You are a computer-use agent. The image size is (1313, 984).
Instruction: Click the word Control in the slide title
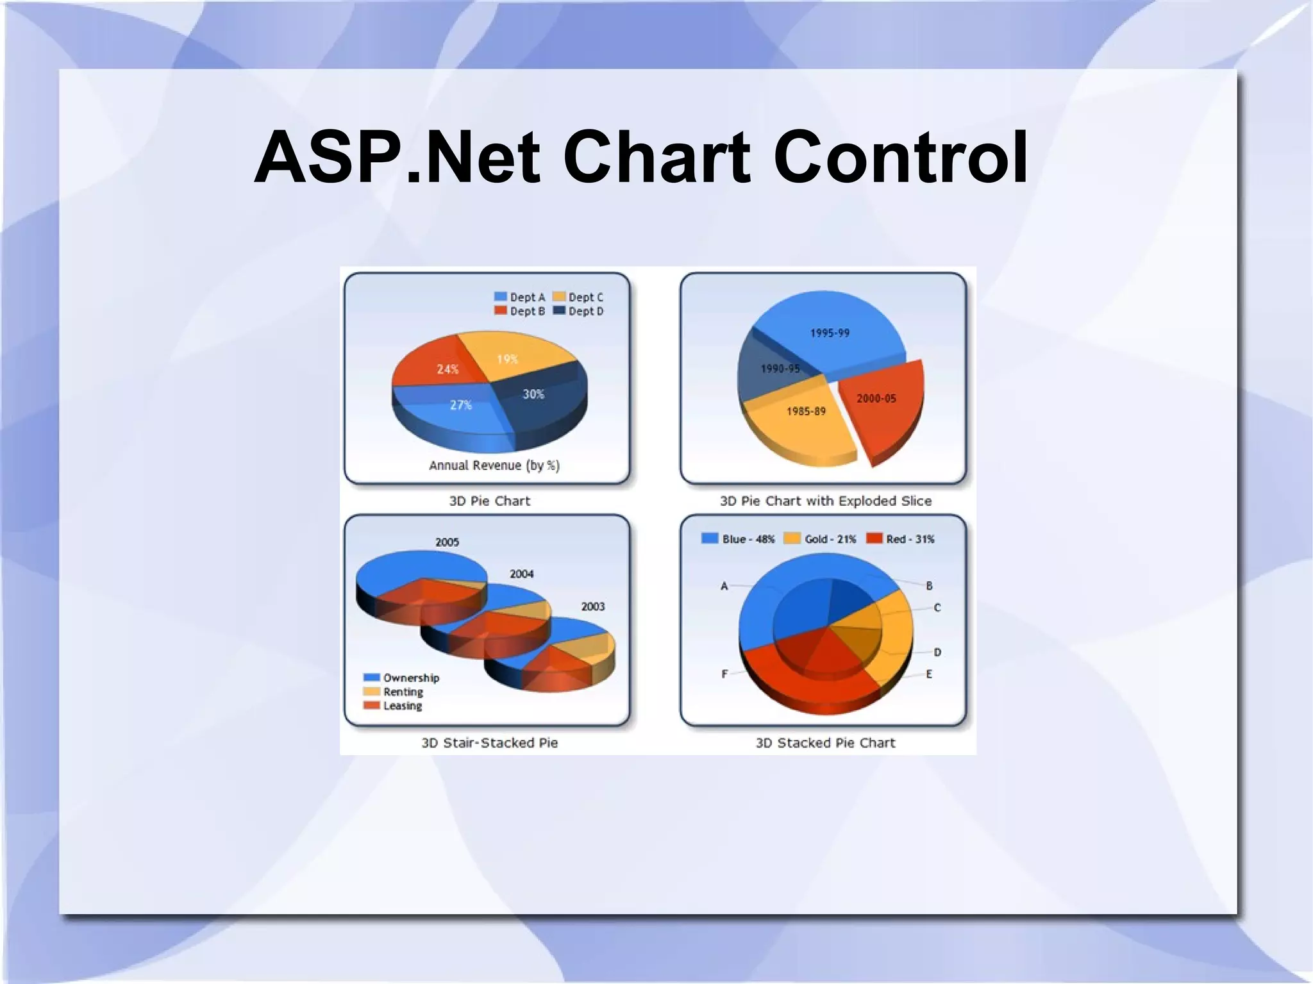[900, 157]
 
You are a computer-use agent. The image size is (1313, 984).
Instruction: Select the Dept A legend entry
[520, 297]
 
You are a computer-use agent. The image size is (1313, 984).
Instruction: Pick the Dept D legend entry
[578, 311]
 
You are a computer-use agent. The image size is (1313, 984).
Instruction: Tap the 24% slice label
[447, 369]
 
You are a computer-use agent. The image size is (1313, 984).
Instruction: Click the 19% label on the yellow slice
[507, 359]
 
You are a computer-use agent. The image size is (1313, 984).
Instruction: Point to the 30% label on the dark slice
[533, 394]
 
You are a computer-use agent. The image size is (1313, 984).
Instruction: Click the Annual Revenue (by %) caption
[494, 465]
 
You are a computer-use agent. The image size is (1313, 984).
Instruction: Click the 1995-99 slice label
[830, 333]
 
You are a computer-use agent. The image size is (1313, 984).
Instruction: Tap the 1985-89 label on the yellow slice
[806, 411]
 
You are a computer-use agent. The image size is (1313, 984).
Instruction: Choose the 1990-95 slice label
[780, 369]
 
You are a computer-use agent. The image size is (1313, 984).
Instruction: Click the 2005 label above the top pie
[447, 542]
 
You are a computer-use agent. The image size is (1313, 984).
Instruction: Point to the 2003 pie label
[592, 606]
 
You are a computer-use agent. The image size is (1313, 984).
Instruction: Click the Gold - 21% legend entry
[821, 539]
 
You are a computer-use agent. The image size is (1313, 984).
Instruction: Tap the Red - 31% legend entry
[901, 539]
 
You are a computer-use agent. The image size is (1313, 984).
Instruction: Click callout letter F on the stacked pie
[724, 674]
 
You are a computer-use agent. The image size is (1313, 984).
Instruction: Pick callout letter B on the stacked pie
[929, 585]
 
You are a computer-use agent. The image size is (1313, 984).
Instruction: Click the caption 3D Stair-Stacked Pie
[489, 743]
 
